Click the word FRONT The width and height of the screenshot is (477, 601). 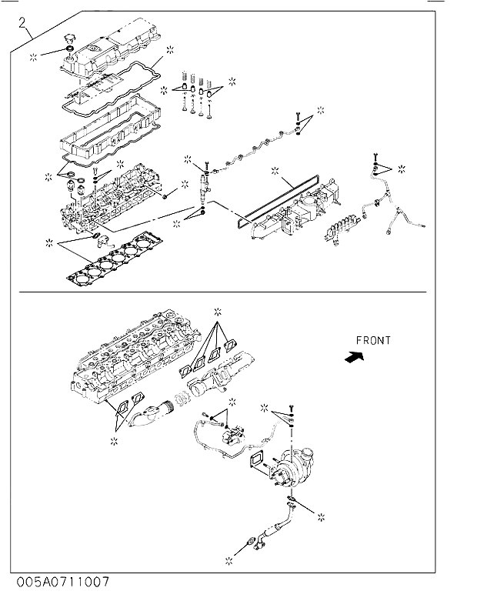(373, 340)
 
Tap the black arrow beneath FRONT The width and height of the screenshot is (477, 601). (354, 358)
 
